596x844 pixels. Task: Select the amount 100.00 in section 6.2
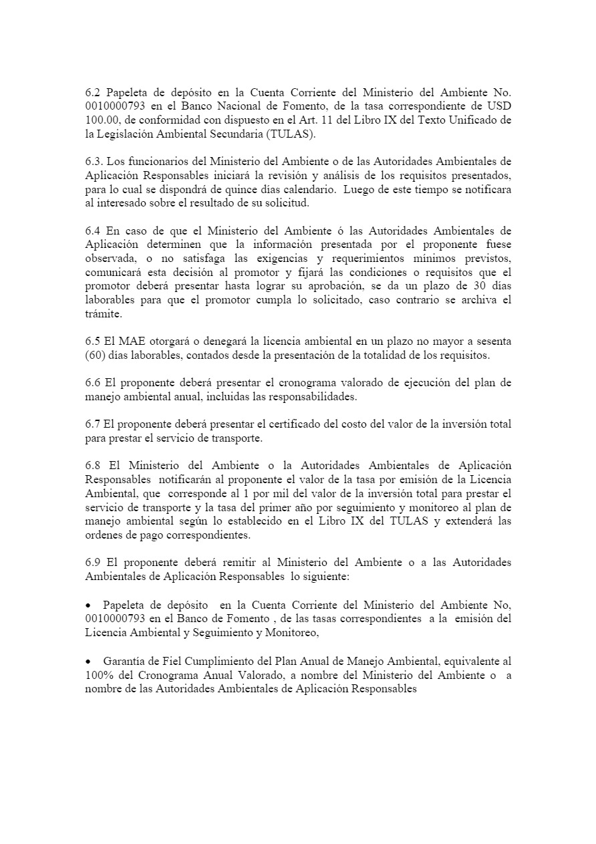(100, 120)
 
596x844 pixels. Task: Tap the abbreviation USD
(499, 107)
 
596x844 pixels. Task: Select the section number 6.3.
(95, 162)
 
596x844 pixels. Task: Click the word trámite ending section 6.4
(104, 314)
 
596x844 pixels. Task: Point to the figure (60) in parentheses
(98, 356)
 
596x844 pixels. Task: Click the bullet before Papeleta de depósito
(90, 604)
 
